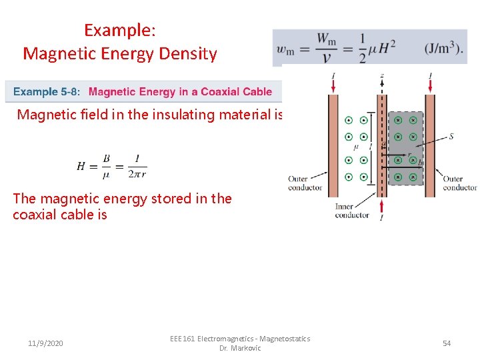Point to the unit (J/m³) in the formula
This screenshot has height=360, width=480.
(x=443, y=48)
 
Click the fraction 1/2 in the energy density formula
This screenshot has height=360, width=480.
(x=363, y=48)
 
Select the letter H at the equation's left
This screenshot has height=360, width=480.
(x=81, y=165)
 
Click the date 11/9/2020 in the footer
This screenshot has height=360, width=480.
(x=46, y=343)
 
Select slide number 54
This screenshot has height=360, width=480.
(x=447, y=343)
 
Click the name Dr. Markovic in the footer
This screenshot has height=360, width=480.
(x=240, y=348)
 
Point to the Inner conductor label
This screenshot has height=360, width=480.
(x=352, y=211)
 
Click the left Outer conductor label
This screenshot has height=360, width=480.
(x=305, y=183)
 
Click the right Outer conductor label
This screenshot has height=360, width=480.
(x=460, y=183)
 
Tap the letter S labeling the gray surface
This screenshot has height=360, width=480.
(x=451, y=136)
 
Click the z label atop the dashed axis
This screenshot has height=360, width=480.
(x=381, y=76)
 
